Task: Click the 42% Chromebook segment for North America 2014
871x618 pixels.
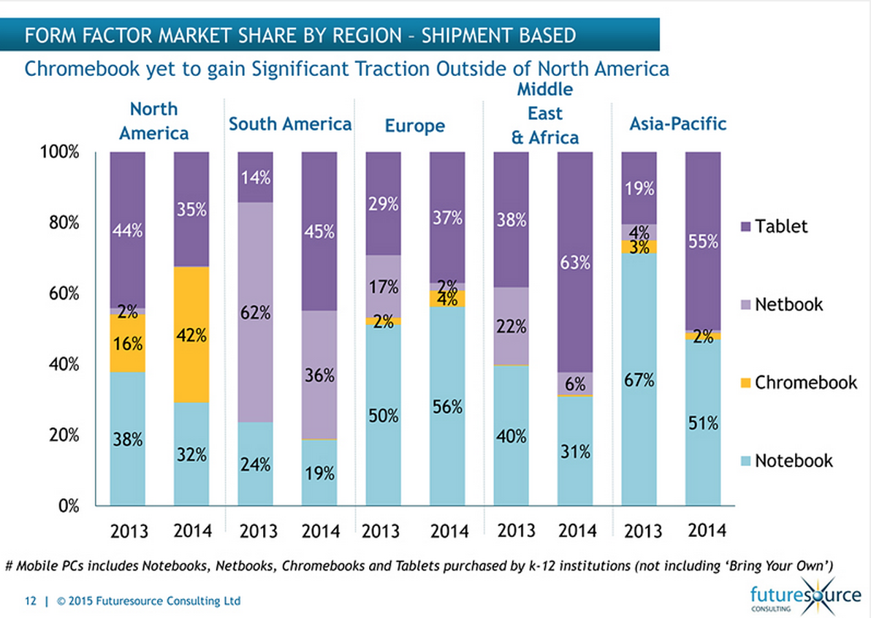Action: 191,335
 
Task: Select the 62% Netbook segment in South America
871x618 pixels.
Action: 255,313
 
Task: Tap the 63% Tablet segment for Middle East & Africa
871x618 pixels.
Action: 575,262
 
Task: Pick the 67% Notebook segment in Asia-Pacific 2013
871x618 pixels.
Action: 639,379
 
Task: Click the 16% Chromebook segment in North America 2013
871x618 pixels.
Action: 128,343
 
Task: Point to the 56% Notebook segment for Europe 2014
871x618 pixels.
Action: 447,405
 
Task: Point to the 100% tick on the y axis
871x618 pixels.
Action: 59,153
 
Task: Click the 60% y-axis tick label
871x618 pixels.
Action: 64,294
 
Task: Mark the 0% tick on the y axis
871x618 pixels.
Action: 67,506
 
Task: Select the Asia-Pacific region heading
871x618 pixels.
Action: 677,124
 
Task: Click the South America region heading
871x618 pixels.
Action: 290,125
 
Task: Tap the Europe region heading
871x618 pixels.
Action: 414,126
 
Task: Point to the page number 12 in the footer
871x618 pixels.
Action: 31,601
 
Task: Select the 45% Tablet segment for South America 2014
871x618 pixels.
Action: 319,232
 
